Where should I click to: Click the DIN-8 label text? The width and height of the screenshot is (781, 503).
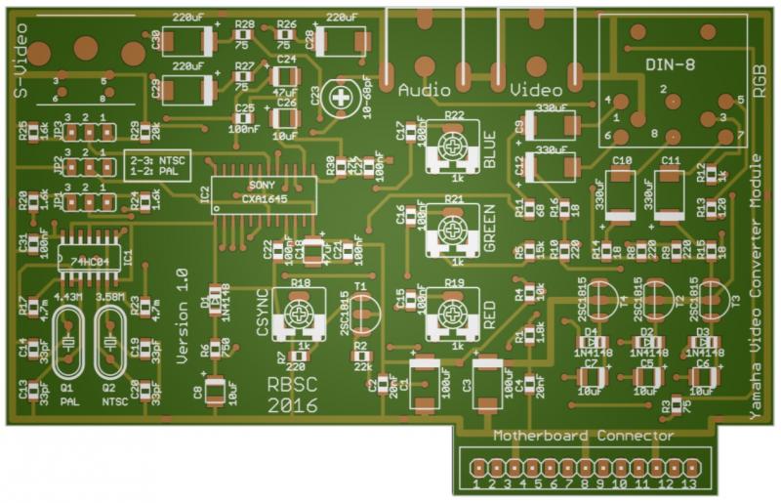(x=671, y=64)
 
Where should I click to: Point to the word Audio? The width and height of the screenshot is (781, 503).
(x=425, y=89)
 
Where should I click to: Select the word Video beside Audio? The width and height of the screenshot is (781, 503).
(x=532, y=89)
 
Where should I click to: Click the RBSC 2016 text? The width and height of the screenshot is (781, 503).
(x=291, y=396)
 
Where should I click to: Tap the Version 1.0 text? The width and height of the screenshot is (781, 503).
(x=181, y=316)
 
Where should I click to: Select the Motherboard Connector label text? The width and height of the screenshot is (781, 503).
(x=583, y=436)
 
